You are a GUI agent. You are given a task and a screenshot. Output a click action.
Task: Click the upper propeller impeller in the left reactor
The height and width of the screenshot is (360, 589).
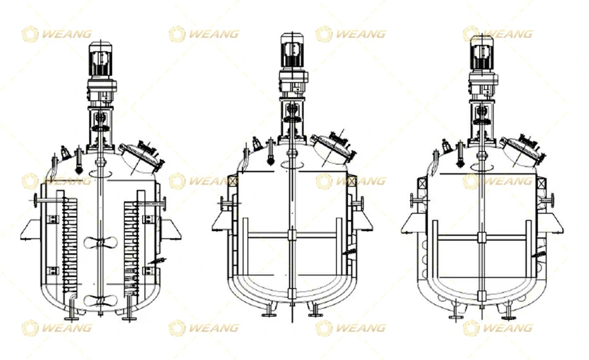(100, 241)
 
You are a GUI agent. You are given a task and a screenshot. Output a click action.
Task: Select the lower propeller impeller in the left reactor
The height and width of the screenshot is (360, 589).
(100, 301)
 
